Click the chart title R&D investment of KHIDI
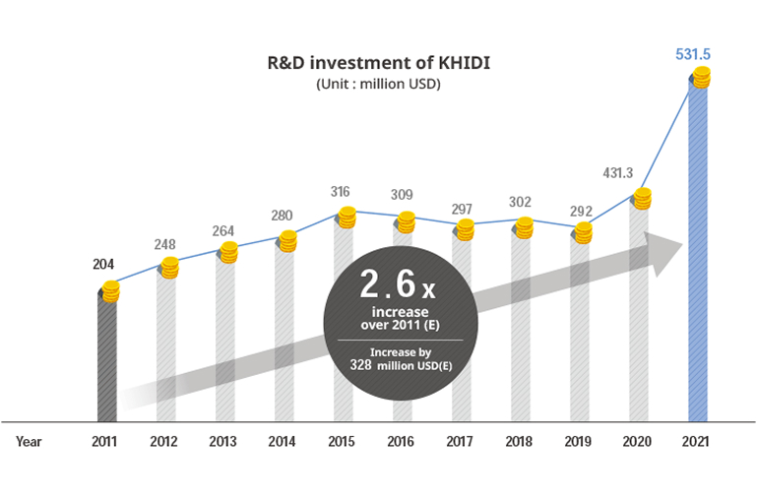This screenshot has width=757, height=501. (x=378, y=63)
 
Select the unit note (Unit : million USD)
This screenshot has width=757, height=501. (x=378, y=85)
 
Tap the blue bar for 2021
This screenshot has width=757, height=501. (x=698, y=256)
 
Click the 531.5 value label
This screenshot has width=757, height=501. (x=693, y=53)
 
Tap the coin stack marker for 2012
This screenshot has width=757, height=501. (x=169, y=266)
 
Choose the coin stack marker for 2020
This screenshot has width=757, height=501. (x=642, y=198)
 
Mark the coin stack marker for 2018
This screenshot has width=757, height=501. (x=524, y=227)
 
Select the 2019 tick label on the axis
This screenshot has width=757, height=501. (x=580, y=442)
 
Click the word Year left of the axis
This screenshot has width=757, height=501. (x=29, y=442)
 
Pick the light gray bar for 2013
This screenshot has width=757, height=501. (x=226, y=344)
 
